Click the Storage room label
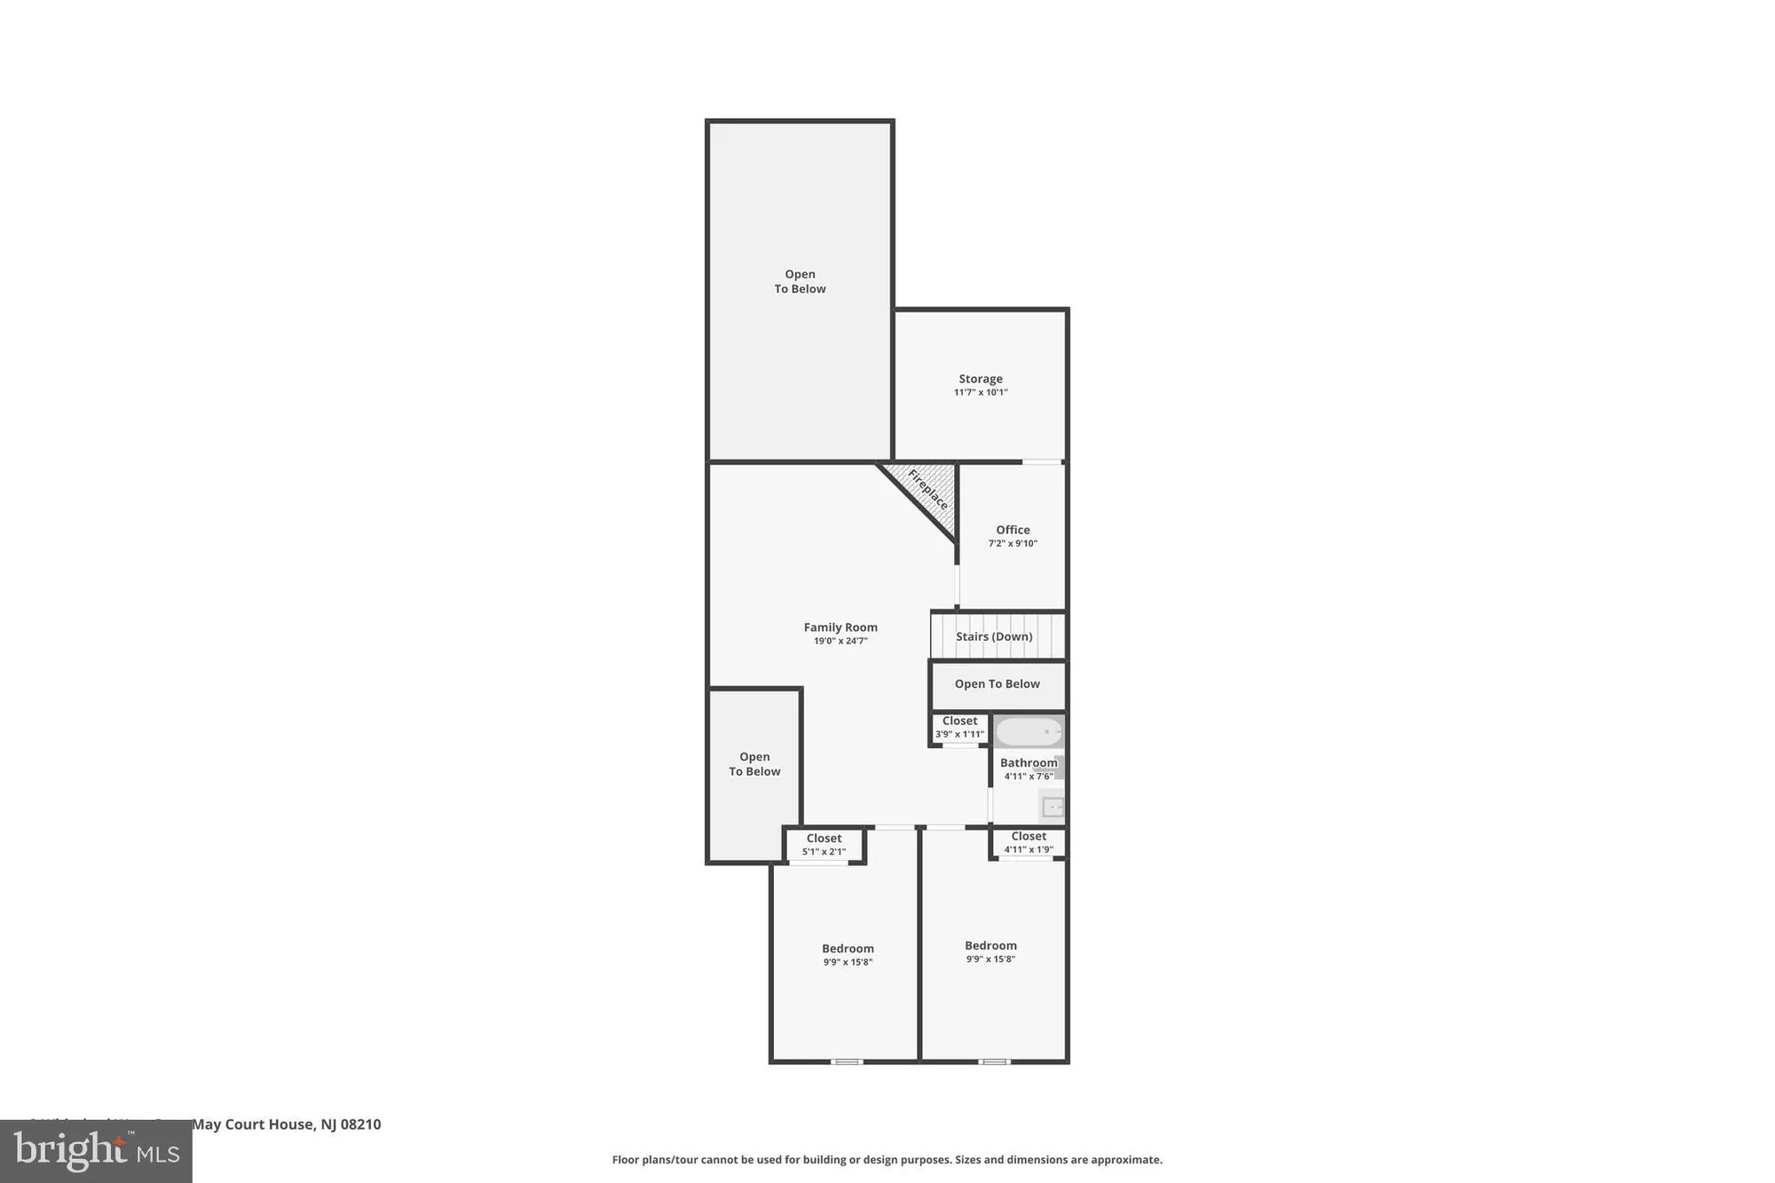click(x=980, y=379)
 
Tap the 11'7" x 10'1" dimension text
click(x=980, y=392)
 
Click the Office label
click(x=1013, y=530)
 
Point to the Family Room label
click(x=840, y=627)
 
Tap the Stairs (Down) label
click(x=994, y=636)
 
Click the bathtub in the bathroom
click(x=1028, y=731)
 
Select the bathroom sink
click(x=1052, y=807)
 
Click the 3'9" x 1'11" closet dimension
click(x=959, y=734)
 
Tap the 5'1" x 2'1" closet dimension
click(x=824, y=852)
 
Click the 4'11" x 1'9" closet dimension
click(x=1029, y=849)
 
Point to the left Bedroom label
click(x=848, y=949)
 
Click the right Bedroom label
click(x=990, y=946)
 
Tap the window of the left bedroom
click(x=847, y=1061)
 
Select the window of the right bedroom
click(x=994, y=1061)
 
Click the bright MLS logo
click(x=96, y=1152)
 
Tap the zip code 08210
click(x=361, y=1124)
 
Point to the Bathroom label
click(x=1029, y=763)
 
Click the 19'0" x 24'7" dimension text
click(x=840, y=641)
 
